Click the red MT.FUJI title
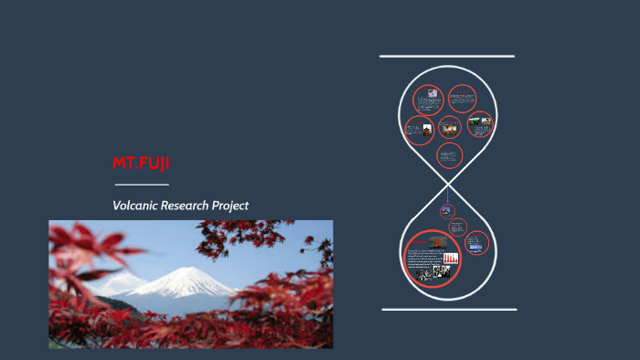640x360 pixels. click(x=141, y=164)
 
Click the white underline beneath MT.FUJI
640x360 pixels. click(x=141, y=185)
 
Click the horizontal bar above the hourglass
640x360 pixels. click(x=447, y=57)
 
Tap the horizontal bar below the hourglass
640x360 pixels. click(x=448, y=309)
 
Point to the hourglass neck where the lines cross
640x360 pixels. click(x=447, y=184)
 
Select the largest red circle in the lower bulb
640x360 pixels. click(x=432, y=259)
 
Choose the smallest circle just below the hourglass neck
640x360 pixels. click(x=447, y=210)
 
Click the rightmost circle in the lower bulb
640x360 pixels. click(x=476, y=243)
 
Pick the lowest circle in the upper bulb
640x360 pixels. click(x=448, y=156)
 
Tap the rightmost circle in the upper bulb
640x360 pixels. click(x=479, y=124)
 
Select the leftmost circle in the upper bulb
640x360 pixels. click(x=419, y=131)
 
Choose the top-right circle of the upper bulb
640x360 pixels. click(x=462, y=98)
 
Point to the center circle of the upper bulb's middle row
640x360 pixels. click(x=449, y=127)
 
